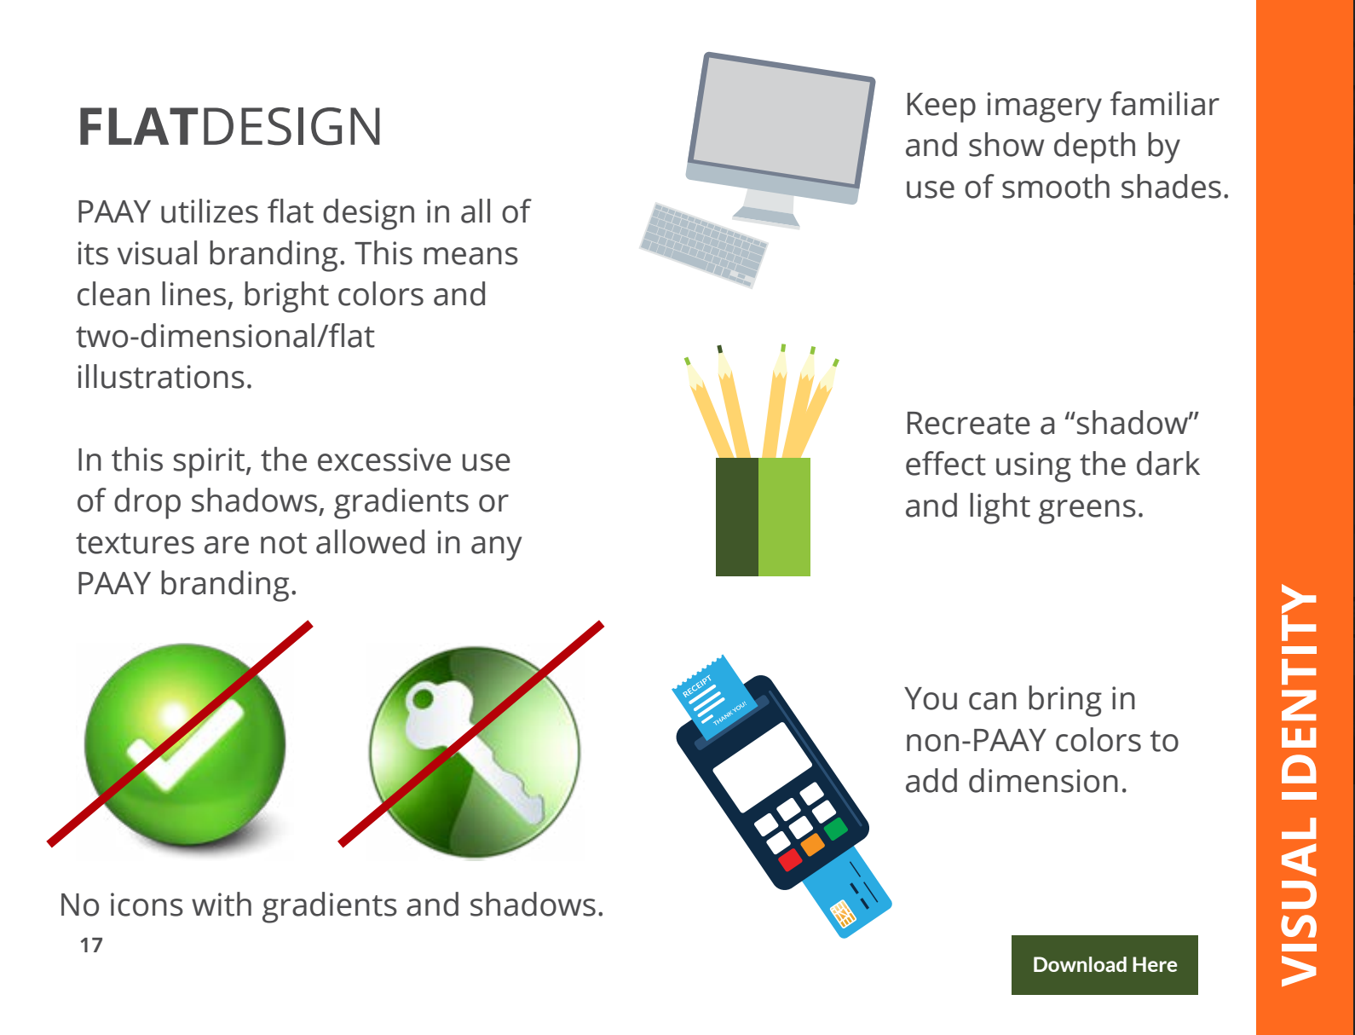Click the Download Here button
(x=1104, y=964)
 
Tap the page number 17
(x=90, y=945)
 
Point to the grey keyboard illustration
(x=704, y=246)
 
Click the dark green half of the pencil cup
(x=737, y=517)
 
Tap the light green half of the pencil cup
(x=784, y=517)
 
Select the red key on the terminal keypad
(x=789, y=859)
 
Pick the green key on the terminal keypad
(x=836, y=828)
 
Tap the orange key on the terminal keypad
(x=812, y=844)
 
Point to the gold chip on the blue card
(x=843, y=913)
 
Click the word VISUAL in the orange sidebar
(x=1300, y=902)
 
